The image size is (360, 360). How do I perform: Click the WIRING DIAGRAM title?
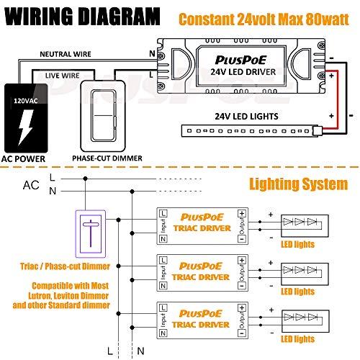[x=81, y=14]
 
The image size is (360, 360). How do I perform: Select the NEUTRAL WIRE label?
[x=64, y=54]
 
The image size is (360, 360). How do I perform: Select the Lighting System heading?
[x=297, y=184]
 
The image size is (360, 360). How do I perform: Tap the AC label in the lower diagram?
[x=31, y=185]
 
